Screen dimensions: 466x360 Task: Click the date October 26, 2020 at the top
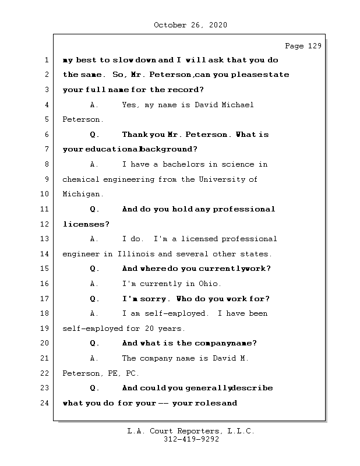point(190,25)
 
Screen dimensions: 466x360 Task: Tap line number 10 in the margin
point(45,194)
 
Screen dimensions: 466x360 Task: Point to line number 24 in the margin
point(45,403)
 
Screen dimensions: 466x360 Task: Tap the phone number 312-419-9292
point(190,440)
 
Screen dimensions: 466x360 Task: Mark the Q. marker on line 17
point(94,299)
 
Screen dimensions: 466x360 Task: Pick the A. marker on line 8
point(94,164)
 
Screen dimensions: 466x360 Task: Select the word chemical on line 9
point(80,179)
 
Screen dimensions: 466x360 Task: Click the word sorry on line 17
point(153,299)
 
